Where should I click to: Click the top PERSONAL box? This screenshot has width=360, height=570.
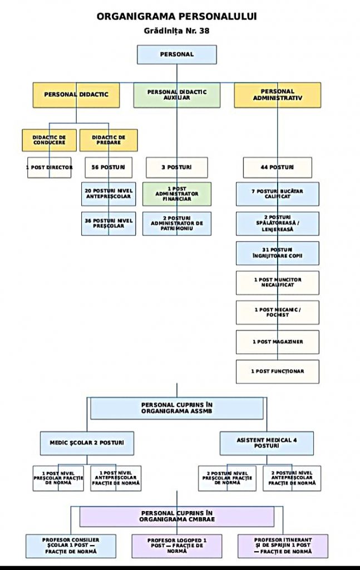coord(177,55)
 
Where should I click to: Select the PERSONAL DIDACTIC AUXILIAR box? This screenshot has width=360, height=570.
coord(177,95)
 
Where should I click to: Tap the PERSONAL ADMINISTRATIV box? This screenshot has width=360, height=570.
coord(278,95)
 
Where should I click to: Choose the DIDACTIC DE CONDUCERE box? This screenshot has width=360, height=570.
coord(50,140)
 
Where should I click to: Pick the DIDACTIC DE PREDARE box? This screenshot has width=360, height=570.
coord(109,140)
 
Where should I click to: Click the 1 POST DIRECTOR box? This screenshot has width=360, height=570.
coord(50,168)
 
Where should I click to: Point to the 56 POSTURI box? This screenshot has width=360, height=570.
coord(109,168)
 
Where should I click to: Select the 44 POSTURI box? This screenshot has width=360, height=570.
coord(278,168)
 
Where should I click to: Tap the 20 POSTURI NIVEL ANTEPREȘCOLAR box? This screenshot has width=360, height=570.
coord(109,194)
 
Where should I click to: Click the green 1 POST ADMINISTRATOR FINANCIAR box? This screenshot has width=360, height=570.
coord(177,194)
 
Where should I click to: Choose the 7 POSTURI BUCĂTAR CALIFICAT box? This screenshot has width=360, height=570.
coord(278,194)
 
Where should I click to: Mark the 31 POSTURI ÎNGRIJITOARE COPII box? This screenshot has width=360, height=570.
coord(278,253)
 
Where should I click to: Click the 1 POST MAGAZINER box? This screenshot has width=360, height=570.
coord(278,342)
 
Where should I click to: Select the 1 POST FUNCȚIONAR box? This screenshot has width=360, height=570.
coord(278,371)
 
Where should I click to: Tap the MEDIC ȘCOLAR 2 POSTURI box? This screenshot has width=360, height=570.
coord(87,444)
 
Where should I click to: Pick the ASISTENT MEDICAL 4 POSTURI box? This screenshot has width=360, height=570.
coord(267,444)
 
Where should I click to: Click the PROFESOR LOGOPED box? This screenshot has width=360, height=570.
coord(177,546)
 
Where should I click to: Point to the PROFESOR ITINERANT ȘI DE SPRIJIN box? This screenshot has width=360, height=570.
coord(283,546)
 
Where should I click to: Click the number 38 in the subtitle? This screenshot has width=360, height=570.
coord(204,31)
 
